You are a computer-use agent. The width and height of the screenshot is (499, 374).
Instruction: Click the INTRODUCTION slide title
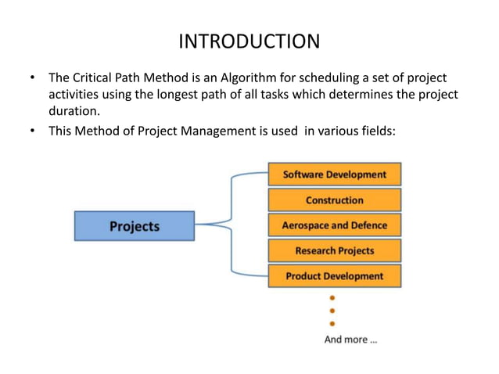(249, 41)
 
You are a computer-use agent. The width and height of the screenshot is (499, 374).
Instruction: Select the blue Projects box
(134, 226)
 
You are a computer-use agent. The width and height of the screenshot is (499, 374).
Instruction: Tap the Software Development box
(334, 174)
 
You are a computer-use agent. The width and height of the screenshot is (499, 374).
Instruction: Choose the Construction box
(334, 200)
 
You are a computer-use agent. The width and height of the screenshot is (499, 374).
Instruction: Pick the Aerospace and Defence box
(334, 225)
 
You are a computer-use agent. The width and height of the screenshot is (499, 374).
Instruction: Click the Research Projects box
(334, 250)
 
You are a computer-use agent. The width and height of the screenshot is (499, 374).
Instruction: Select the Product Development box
(334, 275)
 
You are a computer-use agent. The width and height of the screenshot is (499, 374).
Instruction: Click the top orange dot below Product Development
(332, 298)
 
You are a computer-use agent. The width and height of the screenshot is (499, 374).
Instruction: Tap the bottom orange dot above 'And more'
(332, 323)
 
